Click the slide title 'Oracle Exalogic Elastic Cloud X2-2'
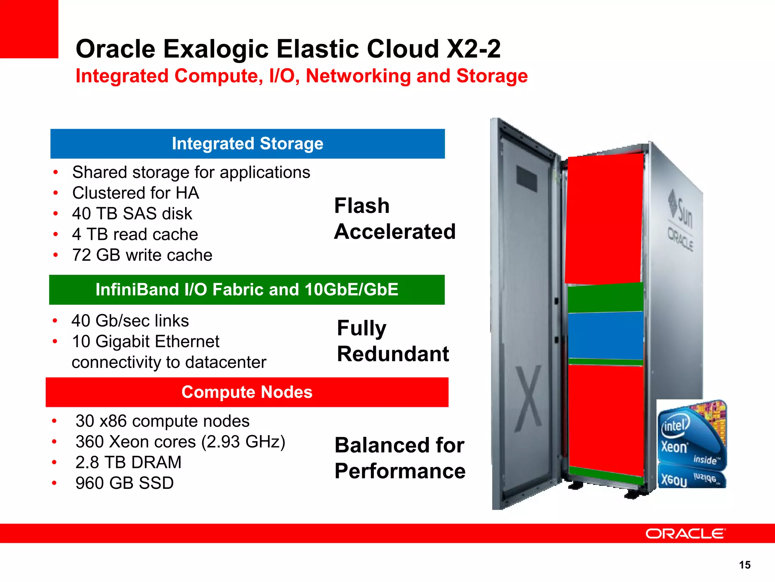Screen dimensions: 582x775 [x=288, y=49]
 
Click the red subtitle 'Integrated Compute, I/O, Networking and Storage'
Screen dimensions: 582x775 [x=302, y=76]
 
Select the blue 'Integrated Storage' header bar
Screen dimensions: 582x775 [x=247, y=144]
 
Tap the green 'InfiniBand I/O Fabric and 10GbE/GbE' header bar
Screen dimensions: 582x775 [x=247, y=289]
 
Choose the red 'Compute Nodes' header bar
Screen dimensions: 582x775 [x=247, y=392]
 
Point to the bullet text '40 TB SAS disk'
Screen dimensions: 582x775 [x=132, y=214]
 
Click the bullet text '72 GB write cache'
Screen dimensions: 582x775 [x=142, y=255]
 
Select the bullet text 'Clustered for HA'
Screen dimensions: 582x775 [x=135, y=193]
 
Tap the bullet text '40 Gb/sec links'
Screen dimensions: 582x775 [x=130, y=321]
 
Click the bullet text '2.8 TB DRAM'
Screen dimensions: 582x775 [x=128, y=462]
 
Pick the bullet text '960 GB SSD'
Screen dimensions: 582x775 [x=124, y=483]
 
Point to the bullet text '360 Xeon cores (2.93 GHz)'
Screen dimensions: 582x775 [x=180, y=442]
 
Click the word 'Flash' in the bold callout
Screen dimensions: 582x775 [x=362, y=206]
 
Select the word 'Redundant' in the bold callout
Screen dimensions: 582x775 [x=393, y=354]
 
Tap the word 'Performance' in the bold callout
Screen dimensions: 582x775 [x=400, y=471]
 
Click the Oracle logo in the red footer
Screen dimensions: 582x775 [x=685, y=533]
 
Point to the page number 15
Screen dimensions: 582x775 [x=744, y=565]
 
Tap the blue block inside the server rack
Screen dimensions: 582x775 [x=605, y=335]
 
